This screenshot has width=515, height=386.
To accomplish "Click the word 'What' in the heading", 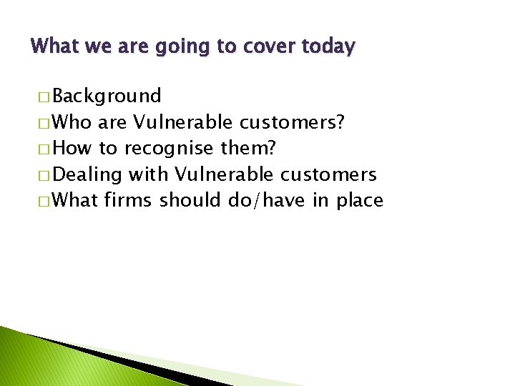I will coord(52,47).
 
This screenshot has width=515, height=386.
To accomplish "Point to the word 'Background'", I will coord(107,96).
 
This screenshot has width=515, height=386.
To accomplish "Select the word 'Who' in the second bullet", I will coord(72,122).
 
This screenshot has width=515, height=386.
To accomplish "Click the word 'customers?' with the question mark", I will coord(293,122).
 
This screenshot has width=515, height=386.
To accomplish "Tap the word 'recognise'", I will coord(169,149).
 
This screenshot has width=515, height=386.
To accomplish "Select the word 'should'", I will coord(191,200).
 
